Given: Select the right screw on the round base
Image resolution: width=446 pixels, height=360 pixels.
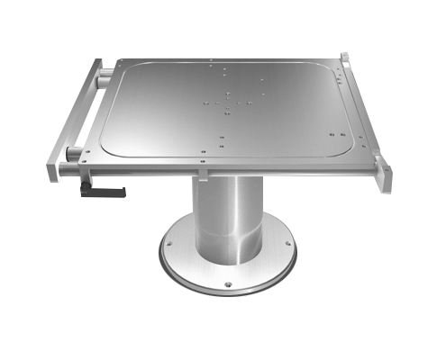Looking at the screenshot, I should tap(287, 243).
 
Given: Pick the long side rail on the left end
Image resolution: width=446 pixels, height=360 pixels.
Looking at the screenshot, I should tap(72, 117).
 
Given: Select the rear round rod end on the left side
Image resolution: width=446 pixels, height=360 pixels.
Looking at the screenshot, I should tap(104, 77).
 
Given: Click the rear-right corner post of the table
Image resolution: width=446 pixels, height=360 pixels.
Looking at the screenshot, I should tap(344, 58).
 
